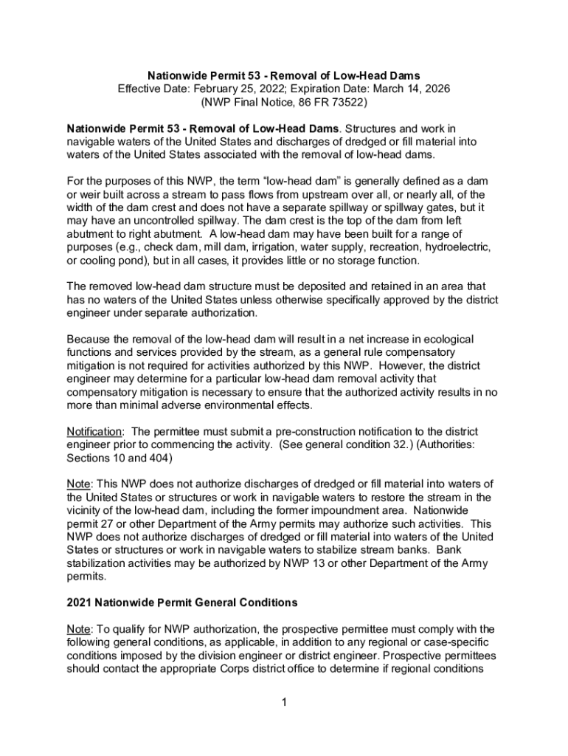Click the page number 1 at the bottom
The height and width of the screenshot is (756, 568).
(x=283, y=702)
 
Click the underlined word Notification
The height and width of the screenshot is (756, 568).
(x=94, y=431)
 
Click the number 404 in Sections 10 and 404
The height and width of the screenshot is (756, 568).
(x=158, y=458)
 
